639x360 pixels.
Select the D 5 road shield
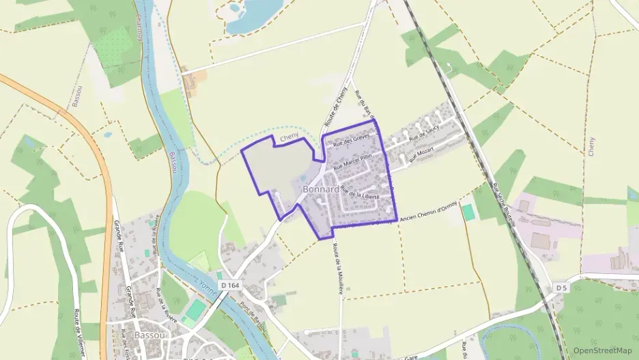(x=561, y=288)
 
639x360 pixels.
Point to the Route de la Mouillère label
(x=338, y=268)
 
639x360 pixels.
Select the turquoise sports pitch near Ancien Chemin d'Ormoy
(x=468, y=212)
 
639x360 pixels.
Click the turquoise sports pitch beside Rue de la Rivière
(x=196, y=309)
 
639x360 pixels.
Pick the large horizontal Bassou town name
(x=147, y=335)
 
